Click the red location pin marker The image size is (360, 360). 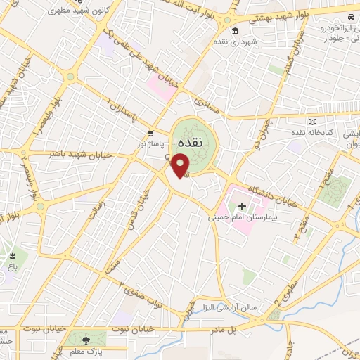point(181,165)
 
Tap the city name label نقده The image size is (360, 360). point(191,141)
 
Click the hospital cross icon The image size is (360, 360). point(243,207)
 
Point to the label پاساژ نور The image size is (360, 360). point(150,143)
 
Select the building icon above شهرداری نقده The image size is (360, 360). point(236,31)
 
